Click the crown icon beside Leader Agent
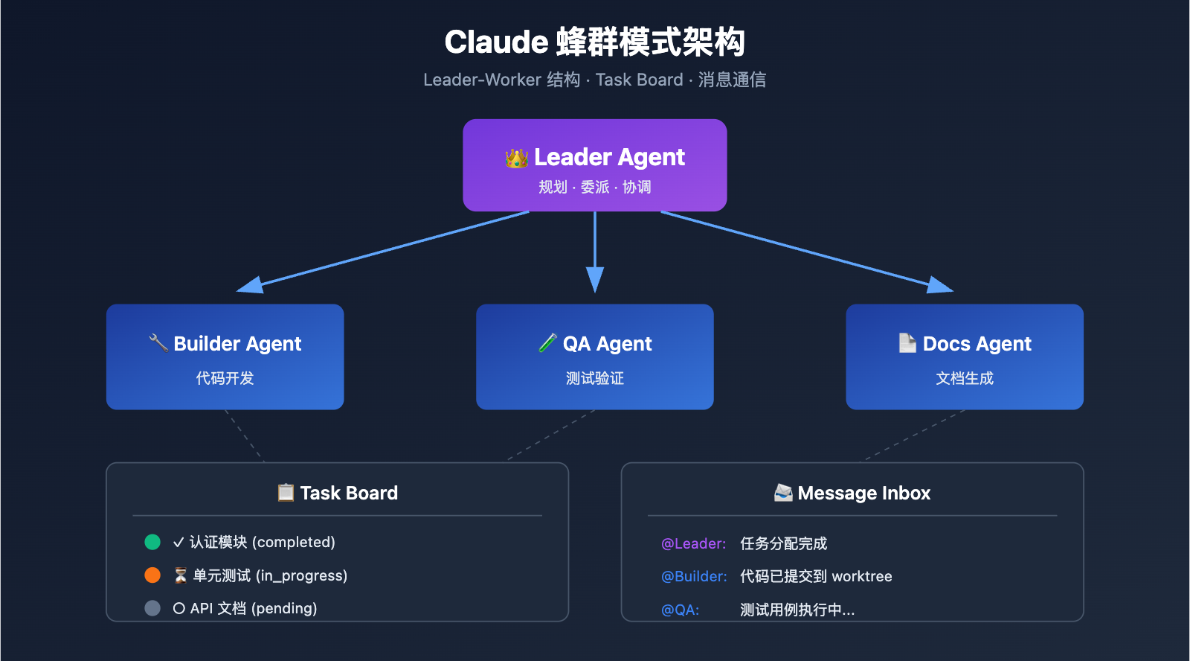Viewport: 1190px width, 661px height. [x=516, y=158]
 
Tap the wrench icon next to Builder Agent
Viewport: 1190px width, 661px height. [x=158, y=342]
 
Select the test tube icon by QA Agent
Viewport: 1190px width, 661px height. [x=547, y=342]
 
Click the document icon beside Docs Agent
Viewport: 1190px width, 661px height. [x=907, y=342]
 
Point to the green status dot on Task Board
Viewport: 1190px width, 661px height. [x=152, y=542]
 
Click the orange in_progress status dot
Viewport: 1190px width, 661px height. [x=152, y=575]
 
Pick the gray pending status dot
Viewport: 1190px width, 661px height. [x=152, y=608]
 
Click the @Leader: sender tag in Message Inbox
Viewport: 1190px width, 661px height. [x=693, y=543]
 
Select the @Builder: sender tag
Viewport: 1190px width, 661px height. [x=694, y=576]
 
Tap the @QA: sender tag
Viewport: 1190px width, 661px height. [x=680, y=610]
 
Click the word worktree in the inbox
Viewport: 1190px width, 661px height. [x=862, y=576]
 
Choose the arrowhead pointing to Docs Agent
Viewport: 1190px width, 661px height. [x=940, y=285]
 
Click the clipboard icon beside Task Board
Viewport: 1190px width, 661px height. [x=286, y=492]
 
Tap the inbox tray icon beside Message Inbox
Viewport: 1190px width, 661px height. [x=783, y=492]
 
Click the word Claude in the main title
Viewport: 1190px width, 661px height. [x=496, y=42]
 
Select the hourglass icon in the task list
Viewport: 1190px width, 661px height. [x=180, y=575]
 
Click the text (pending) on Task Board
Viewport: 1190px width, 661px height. [x=284, y=608]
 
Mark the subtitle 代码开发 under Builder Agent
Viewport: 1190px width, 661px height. [x=225, y=378]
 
